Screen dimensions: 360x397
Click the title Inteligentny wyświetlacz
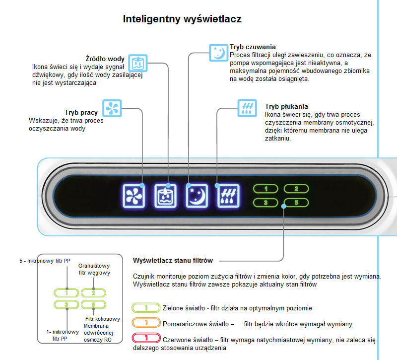(182, 19)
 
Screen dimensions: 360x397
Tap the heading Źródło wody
(105, 59)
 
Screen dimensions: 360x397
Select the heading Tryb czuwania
(253, 47)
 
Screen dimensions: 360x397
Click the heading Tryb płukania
(286, 106)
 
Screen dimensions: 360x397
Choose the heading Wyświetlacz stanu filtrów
(173, 260)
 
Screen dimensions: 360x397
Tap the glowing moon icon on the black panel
(197, 195)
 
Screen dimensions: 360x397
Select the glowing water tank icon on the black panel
(166, 195)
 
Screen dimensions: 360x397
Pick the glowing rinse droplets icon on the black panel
(228, 195)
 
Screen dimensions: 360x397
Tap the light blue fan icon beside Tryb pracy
(112, 108)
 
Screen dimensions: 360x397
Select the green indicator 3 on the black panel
(266, 203)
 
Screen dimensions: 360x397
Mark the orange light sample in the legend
(146, 323)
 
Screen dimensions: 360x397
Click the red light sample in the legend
(146, 339)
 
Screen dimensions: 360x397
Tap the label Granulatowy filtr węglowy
(94, 269)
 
